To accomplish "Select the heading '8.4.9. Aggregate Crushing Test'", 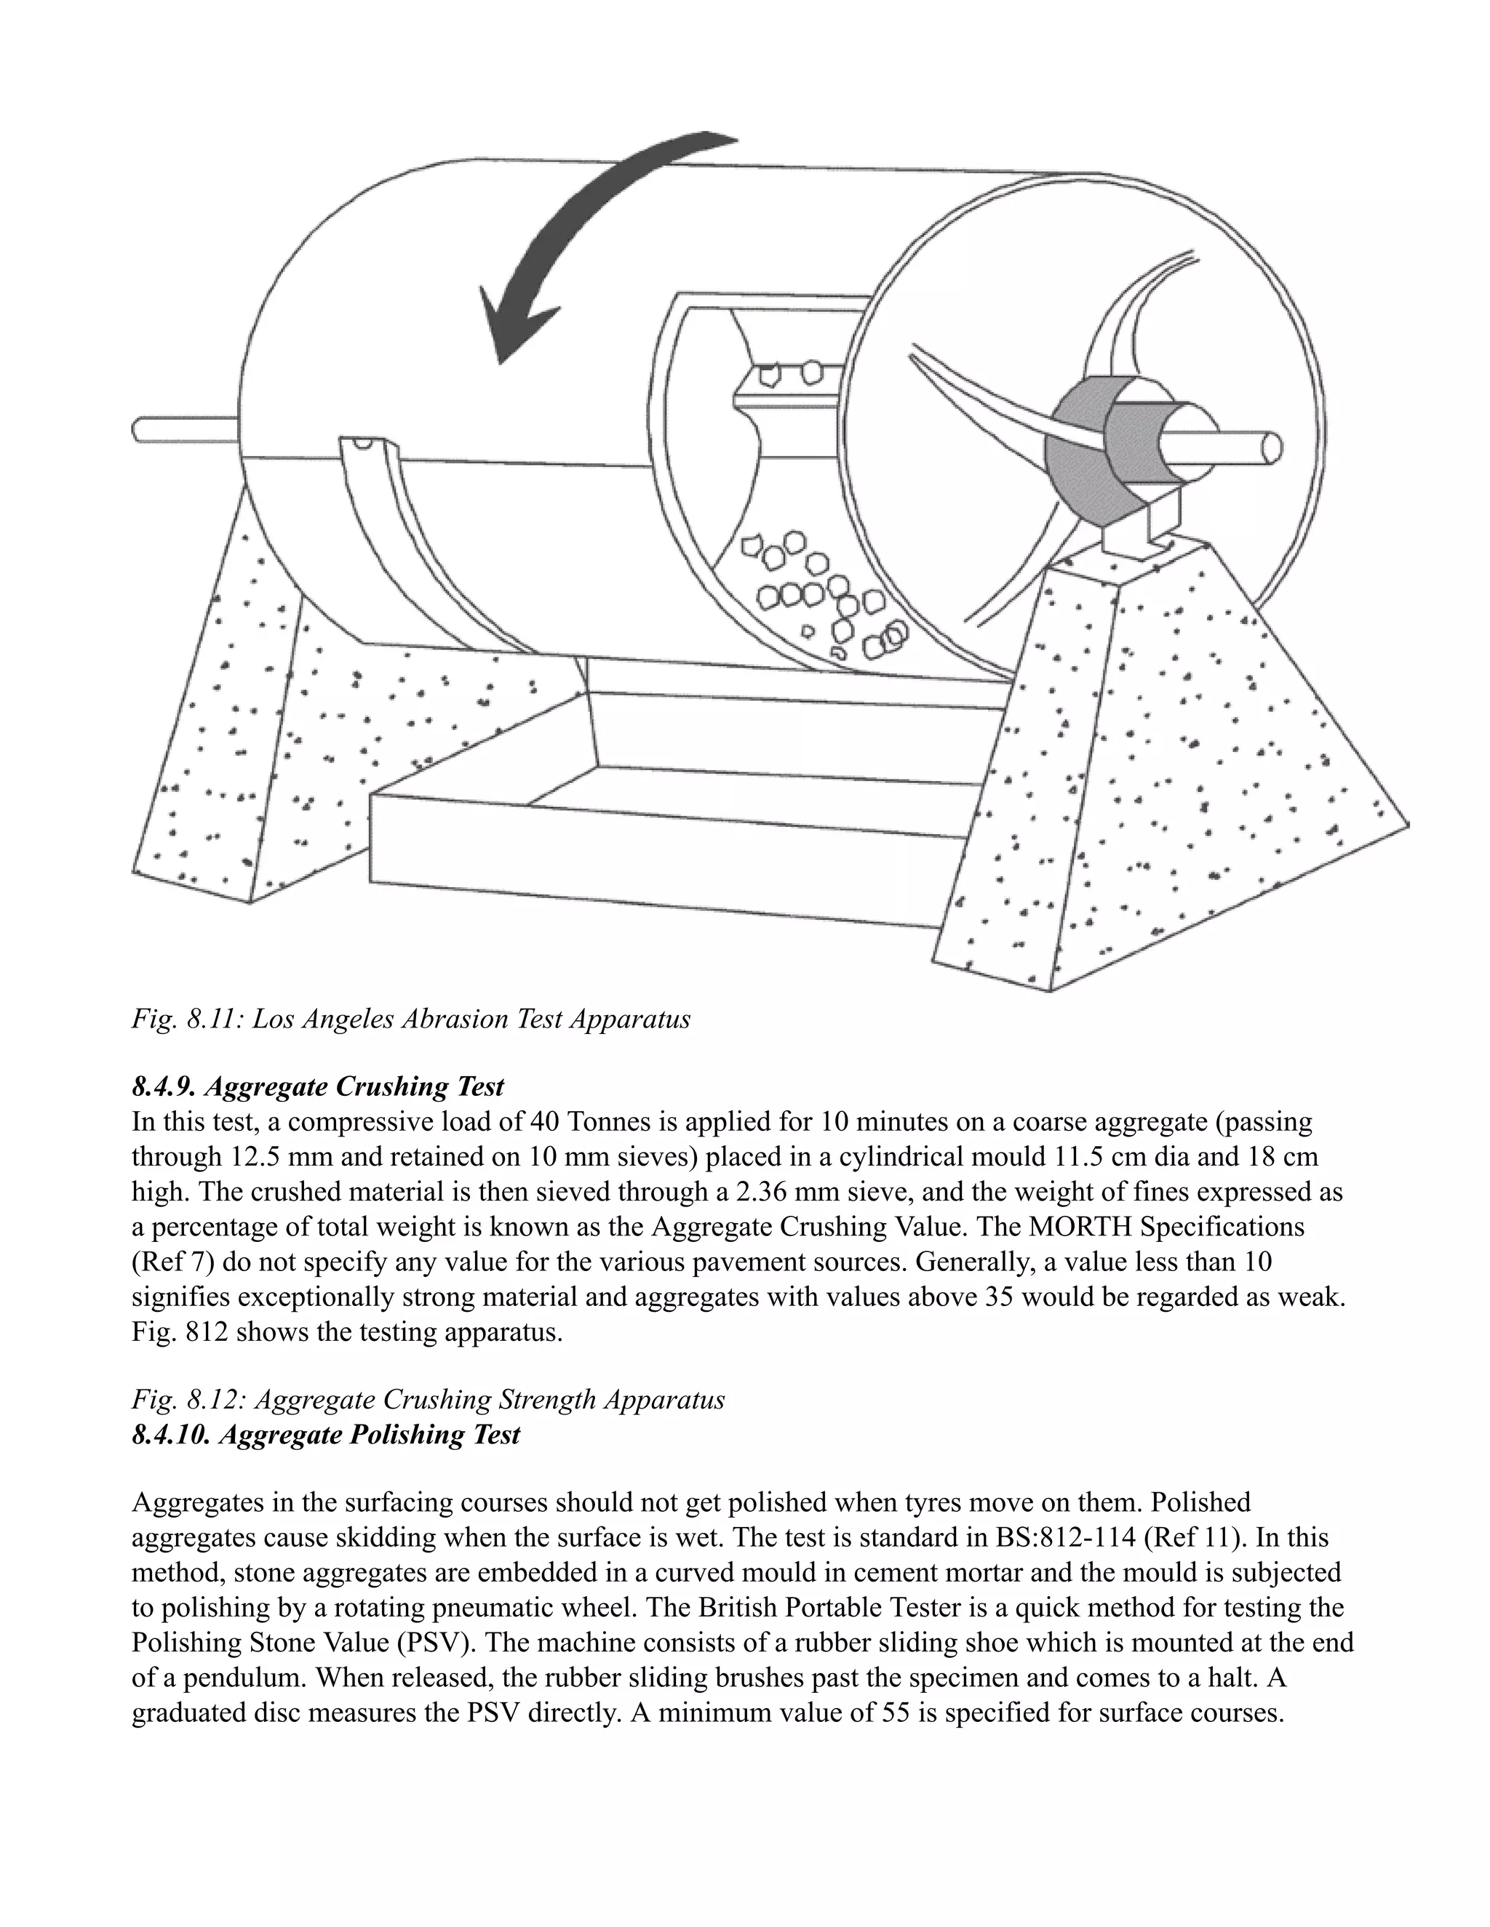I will [x=318, y=1086].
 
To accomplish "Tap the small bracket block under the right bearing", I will [x=1139, y=529].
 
